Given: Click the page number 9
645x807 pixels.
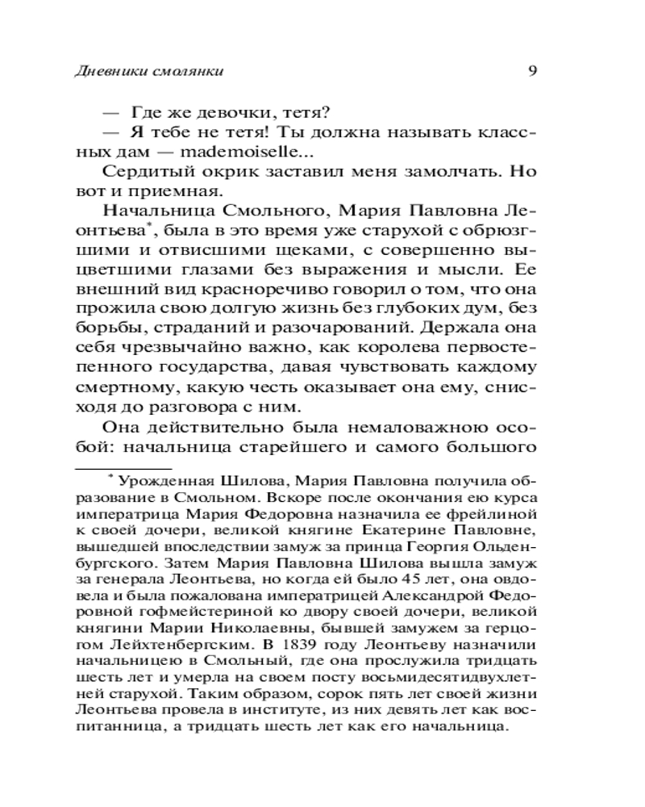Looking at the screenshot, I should (532, 69).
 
